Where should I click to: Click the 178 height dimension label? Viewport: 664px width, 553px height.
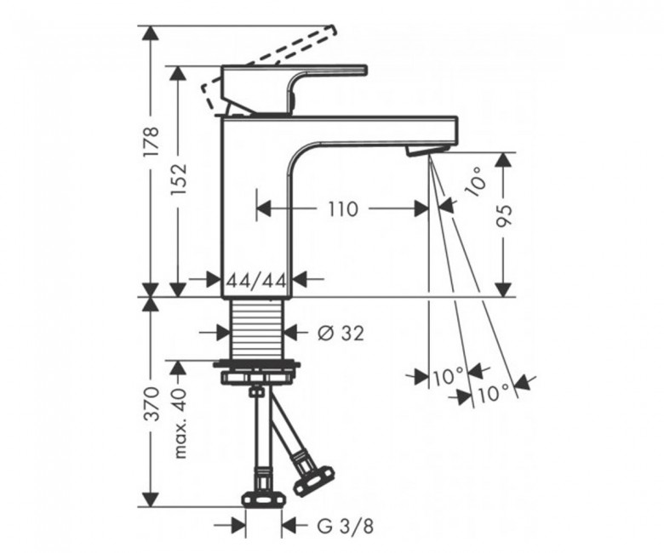point(152,141)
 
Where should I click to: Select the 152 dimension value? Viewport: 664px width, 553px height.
point(178,180)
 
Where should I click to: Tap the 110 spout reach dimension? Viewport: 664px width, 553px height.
point(343,208)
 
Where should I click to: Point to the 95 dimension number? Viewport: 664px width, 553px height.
point(504,216)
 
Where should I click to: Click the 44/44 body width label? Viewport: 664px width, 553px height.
point(257,279)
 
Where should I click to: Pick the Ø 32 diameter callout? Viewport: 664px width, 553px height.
point(341,334)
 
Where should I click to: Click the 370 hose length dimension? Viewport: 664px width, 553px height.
point(152,403)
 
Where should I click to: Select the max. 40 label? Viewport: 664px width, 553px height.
point(180,423)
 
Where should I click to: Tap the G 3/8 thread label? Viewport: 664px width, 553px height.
point(345,527)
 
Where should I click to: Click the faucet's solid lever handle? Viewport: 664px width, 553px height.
point(294,88)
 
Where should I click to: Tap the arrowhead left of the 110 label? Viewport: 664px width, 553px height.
point(264,208)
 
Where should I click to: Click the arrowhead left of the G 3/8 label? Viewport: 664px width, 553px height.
point(238,527)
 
